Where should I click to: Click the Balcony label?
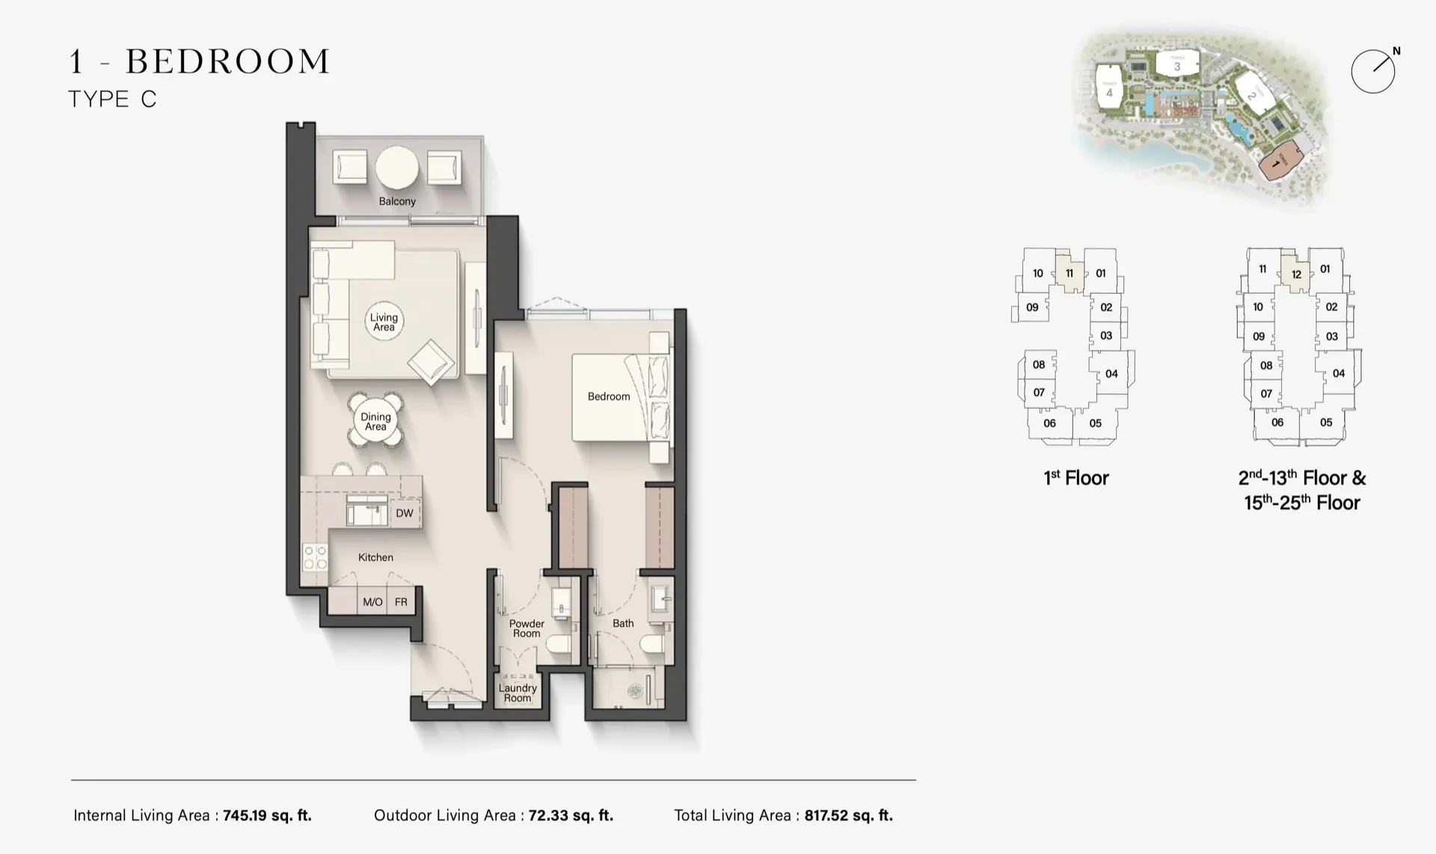[397, 201]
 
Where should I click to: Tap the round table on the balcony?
[397, 168]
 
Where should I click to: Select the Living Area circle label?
[384, 322]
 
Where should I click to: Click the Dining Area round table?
[375, 421]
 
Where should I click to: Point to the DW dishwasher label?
[405, 513]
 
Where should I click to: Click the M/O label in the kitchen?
[372, 602]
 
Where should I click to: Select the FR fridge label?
[401, 602]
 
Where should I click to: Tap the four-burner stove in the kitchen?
[315, 557]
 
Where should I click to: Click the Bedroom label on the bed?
[609, 396]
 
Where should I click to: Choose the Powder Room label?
[527, 628]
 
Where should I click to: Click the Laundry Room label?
[518, 692]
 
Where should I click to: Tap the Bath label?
[623, 623]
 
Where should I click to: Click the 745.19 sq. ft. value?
[267, 815]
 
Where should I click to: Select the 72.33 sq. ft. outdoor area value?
[571, 815]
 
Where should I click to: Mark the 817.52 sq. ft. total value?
[849, 815]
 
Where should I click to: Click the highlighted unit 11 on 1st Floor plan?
[1070, 271]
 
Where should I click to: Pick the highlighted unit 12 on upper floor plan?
[1296, 272]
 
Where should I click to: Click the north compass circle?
[1373, 72]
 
